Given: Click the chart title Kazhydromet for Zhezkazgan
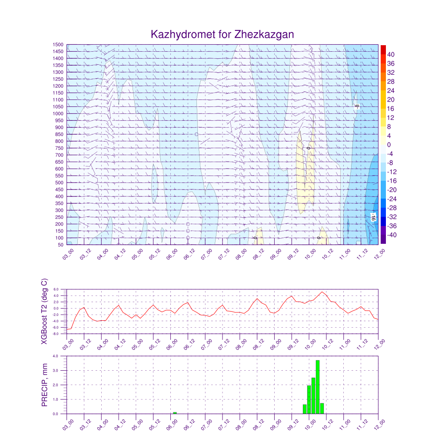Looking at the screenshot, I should (x=222, y=34).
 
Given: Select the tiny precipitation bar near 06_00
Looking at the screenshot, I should (x=175, y=413).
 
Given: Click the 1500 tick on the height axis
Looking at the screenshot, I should (x=59, y=45).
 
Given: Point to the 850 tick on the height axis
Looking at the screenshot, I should (x=60, y=135).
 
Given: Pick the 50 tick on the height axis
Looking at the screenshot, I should (x=60, y=245).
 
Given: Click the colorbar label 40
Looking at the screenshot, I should (x=391, y=54).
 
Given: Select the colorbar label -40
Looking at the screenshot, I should (x=390, y=235).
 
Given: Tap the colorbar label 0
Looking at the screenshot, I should (x=389, y=145).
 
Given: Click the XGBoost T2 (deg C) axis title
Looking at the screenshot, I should (x=44, y=311).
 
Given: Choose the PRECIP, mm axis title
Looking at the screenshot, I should (x=44, y=385).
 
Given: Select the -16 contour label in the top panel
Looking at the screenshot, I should (x=373, y=216).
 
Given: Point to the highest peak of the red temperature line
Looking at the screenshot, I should (x=322, y=292).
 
